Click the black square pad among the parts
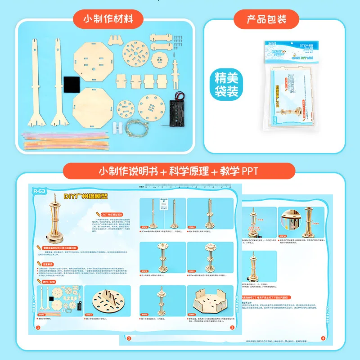tap(71, 84)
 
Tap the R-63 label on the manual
tap(39, 190)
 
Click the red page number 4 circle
tap(322, 338)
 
